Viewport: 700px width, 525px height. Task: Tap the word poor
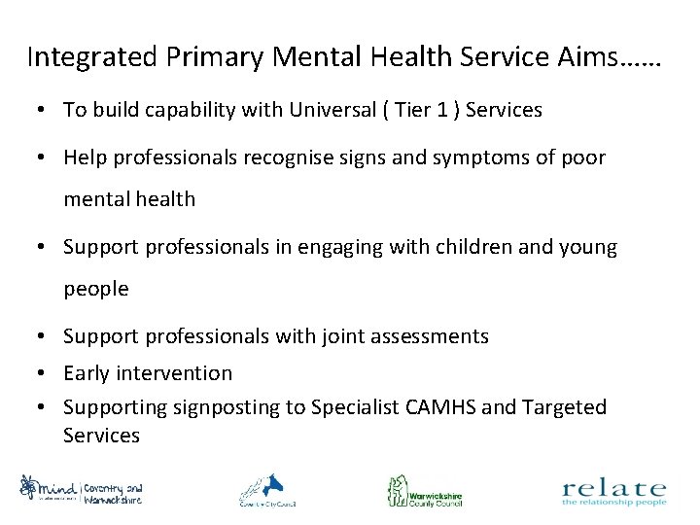click(586, 157)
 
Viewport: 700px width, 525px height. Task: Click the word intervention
click(178, 372)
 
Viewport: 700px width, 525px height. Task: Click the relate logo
click(613, 491)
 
